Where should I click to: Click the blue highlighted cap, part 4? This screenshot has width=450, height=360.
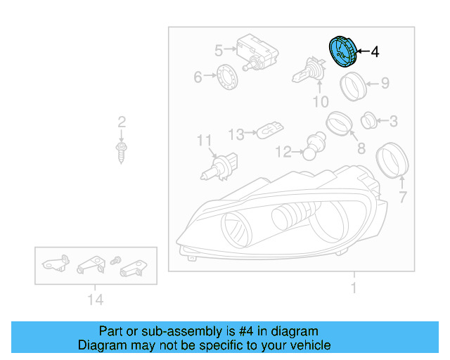tap(342, 51)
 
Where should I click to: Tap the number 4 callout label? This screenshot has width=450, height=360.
tap(374, 51)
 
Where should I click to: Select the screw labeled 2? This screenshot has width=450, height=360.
tap(122, 149)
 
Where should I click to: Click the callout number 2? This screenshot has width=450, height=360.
tap(121, 122)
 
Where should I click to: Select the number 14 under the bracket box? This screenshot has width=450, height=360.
tap(96, 300)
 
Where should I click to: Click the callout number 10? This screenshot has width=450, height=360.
tap(320, 103)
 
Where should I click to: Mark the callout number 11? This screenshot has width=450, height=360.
tap(204, 141)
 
